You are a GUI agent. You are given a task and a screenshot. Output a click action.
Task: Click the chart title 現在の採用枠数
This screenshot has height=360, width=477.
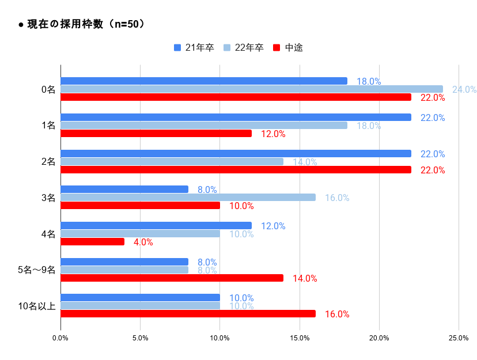tap(81, 24)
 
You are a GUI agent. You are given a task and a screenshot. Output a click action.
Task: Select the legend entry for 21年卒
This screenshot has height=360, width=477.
tap(194, 48)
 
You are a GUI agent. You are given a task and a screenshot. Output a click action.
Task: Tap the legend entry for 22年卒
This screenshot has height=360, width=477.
tap(244, 48)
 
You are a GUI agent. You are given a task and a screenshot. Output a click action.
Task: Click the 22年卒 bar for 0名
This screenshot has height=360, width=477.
tap(251, 89)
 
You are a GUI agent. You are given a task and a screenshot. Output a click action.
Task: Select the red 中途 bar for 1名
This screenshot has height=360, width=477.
tap(156, 134)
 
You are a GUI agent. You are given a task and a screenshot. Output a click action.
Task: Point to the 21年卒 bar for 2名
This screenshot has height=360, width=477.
tap(236, 154)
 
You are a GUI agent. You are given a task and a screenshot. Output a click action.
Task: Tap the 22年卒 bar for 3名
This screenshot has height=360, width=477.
tap(188, 198)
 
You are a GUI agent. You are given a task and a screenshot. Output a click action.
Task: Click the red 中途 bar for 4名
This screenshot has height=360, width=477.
tap(92, 242)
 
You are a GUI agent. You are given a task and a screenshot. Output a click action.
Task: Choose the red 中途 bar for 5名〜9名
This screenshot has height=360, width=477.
tap(172, 278)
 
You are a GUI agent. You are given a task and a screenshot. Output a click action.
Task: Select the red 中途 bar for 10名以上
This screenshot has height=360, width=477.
tap(188, 314)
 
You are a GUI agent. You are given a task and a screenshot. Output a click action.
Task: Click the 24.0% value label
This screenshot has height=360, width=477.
tap(464, 89)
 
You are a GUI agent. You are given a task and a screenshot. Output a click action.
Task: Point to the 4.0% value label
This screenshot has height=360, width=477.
tap(143, 242)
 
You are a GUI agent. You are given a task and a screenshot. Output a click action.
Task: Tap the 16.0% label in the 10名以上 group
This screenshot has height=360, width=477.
tap(337, 314)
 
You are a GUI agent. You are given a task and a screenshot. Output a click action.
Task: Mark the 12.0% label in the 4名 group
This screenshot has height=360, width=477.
tap(273, 226)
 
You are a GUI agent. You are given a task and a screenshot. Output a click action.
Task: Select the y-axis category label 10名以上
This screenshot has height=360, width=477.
tap(37, 306)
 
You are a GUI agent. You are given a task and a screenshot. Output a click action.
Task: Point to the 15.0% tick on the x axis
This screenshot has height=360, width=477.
tap(299, 338)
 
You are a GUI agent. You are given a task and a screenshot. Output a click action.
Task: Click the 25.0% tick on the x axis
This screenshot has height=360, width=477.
tap(458, 338)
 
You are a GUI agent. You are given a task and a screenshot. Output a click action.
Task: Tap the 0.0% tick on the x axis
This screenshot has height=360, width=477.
tap(60, 338)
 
